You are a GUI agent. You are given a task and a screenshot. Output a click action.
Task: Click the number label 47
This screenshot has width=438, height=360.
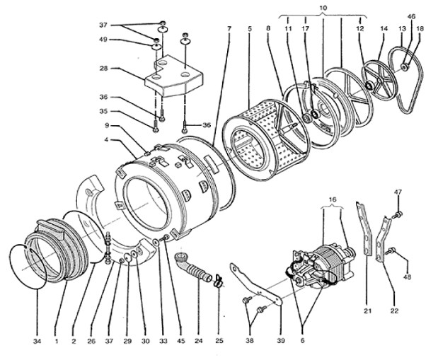pyautogui.click(x=398, y=192)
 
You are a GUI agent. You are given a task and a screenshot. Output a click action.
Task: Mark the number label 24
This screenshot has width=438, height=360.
pyautogui.click(x=199, y=341)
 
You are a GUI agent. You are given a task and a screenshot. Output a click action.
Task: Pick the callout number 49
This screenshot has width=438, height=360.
pyautogui.click(x=103, y=41)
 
